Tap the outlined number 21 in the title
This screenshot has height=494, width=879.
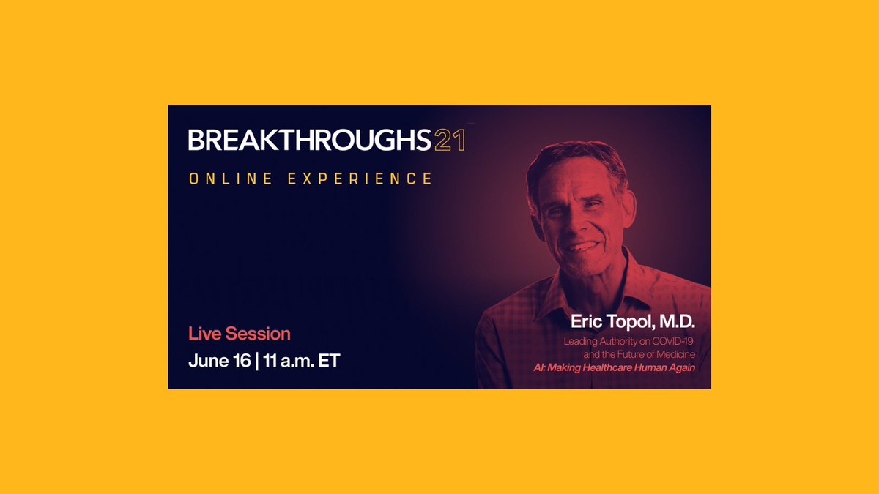449,140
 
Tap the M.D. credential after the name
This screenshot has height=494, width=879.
677,323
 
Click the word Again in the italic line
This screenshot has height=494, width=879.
679,367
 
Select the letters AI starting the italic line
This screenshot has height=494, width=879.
538,367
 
